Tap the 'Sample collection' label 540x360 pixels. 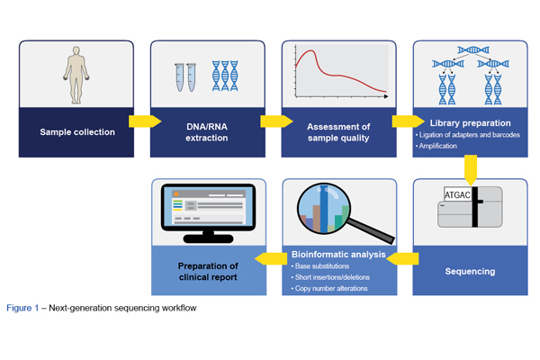coord(77,132)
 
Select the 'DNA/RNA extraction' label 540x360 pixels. coord(206,132)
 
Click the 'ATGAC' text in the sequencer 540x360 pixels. coord(457,193)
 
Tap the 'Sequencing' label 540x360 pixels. coord(470,270)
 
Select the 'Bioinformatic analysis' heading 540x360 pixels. coord(338,255)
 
